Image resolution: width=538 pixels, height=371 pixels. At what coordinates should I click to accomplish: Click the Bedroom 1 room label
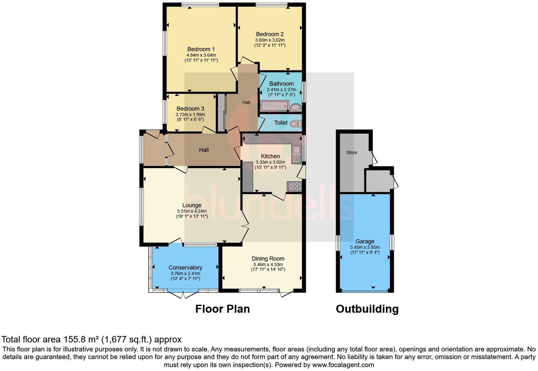[x=201, y=49]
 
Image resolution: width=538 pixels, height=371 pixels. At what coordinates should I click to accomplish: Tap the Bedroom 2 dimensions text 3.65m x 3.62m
[x=270, y=40]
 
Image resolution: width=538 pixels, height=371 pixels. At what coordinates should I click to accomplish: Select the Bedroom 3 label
[x=190, y=109]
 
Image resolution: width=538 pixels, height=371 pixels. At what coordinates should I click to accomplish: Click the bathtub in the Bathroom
[x=274, y=106]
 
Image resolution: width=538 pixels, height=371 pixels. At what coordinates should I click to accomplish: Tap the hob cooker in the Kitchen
[x=294, y=186]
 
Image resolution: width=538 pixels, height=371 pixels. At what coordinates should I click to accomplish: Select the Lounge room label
[x=192, y=205]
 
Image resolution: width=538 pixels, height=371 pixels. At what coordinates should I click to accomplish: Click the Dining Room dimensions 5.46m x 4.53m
[x=268, y=264]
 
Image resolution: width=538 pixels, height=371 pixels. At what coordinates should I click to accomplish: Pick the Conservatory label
[x=185, y=268]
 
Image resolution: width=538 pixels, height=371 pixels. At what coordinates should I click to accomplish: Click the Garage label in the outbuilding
[x=365, y=241]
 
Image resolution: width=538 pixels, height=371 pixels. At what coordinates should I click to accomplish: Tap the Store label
[x=351, y=153]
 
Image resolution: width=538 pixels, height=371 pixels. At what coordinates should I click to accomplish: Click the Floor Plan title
[x=222, y=309]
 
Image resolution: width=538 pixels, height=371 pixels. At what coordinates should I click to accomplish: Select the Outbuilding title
[x=367, y=309]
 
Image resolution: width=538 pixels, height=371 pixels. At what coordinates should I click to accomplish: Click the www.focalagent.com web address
[x=343, y=365]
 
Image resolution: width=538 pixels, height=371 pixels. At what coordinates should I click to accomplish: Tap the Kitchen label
[x=270, y=156]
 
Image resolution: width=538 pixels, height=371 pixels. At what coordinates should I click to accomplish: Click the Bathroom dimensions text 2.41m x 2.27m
[x=281, y=90]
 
